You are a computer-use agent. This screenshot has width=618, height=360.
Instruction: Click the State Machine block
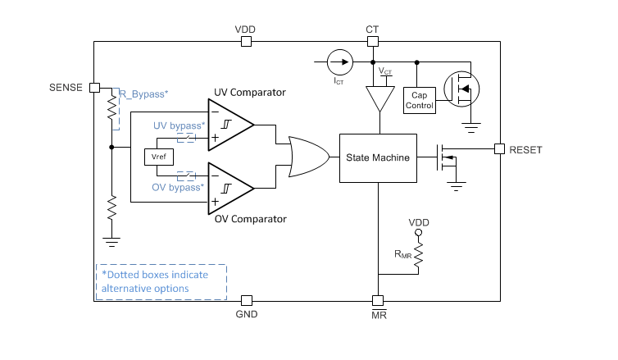pyautogui.click(x=378, y=157)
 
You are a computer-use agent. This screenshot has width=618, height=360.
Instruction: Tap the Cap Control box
pyautogui.click(x=419, y=99)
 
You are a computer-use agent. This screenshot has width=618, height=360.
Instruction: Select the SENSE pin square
pyautogui.click(x=94, y=87)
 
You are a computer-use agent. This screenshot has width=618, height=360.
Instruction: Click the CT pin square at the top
pyautogui.click(x=372, y=41)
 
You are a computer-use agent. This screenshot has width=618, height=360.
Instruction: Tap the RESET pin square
pyautogui.click(x=498, y=148)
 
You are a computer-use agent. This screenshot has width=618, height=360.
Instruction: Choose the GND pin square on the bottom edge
pyautogui.click(x=246, y=300)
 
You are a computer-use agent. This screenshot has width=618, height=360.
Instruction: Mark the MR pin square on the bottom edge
pyautogui.click(x=378, y=300)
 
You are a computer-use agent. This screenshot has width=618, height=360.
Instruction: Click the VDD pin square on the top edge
pyautogui.click(x=245, y=41)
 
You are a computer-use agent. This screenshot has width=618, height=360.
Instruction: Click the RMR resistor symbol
pyautogui.click(x=418, y=259)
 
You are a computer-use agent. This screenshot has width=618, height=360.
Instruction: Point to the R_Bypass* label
pyautogui.click(x=143, y=94)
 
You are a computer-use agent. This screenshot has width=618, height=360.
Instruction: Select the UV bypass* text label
pyautogui.click(x=179, y=125)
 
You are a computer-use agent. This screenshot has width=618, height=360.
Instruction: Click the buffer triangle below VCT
pyautogui.click(x=378, y=99)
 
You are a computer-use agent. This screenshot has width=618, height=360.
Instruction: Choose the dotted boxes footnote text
pyautogui.click(x=161, y=281)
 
